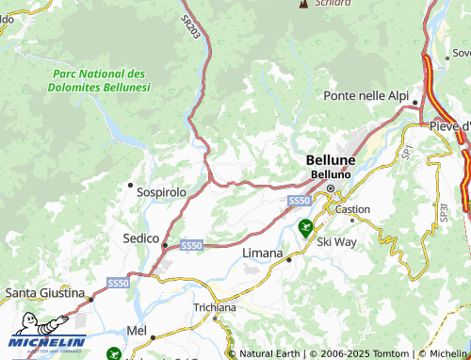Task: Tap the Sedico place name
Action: click(140, 238)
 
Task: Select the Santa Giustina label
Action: click(42, 293)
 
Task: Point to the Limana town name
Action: click(263, 254)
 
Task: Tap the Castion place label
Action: click(353, 209)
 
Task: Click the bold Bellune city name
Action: click(330, 161)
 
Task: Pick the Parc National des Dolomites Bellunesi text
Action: click(99, 80)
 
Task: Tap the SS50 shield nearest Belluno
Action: click(299, 201)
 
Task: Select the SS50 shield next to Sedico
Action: click(191, 245)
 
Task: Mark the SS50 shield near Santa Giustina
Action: click(118, 283)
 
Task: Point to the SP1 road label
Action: click(407, 147)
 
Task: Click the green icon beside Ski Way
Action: click(305, 226)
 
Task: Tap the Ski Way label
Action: click(336, 242)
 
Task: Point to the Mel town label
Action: click(137, 331)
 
